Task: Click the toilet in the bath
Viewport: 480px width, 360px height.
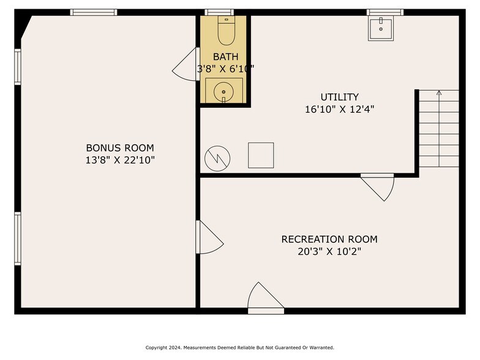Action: tap(227, 31)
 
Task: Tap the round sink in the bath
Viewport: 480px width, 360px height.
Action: tap(224, 92)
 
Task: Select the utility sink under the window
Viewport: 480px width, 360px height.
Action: tap(381, 28)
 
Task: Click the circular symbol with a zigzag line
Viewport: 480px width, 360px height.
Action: tap(217, 158)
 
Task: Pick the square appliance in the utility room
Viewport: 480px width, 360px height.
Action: tap(261, 156)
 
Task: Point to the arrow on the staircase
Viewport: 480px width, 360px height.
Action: tap(440, 129)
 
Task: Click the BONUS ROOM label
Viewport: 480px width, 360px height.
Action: tap(120, 148)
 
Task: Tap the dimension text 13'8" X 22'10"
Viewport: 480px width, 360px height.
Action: tap(120, 160)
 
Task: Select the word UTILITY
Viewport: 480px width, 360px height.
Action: tap(339, 97)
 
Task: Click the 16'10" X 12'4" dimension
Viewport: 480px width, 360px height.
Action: tap(339, 109)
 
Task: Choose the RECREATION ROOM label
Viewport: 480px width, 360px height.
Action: tap(329, 239)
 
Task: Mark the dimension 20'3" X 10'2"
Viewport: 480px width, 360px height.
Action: tap(329, 252)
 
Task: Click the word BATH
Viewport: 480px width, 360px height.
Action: tap(225, 56)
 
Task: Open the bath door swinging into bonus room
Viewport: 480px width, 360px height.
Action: tap(186, 65)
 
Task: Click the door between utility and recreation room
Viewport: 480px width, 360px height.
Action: tap(378, 187)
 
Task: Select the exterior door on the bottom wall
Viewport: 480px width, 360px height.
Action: tap(266, 298)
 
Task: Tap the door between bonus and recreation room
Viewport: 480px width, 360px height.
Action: tap(209, 238)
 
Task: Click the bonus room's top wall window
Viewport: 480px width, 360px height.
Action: tap(94, 12)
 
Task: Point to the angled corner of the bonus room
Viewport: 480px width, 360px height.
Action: tap(26, 28)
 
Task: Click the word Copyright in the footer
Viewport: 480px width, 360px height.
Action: tap(156, 348)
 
